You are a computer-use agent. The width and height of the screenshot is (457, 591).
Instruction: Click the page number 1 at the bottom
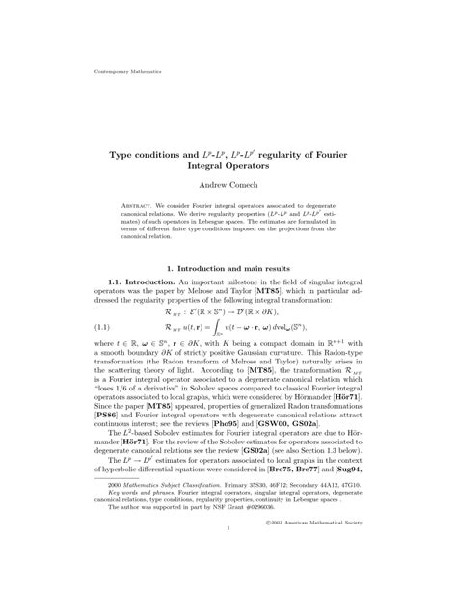coord(228,556)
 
